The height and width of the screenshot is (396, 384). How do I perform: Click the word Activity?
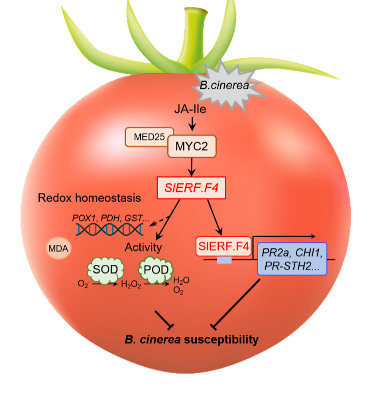point(143,248)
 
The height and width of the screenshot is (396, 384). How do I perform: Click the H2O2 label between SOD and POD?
point(131,286)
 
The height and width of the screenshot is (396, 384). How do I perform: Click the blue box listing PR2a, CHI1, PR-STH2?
point(293,259)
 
